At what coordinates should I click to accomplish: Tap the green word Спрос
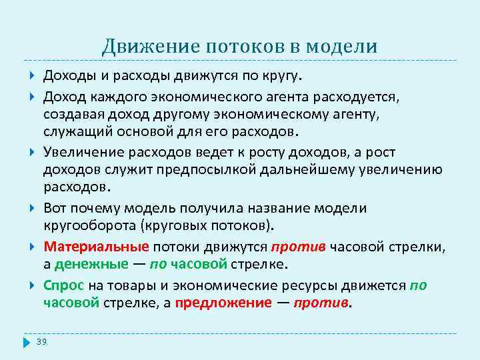point(64,285)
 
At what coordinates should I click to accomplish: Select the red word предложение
point(223,303)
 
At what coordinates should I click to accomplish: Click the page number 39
point(41,341)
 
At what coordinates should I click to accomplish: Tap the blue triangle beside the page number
point(27,342)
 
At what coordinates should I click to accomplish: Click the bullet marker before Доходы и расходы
point(33,72)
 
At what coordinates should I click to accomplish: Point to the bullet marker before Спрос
point(33,285)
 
